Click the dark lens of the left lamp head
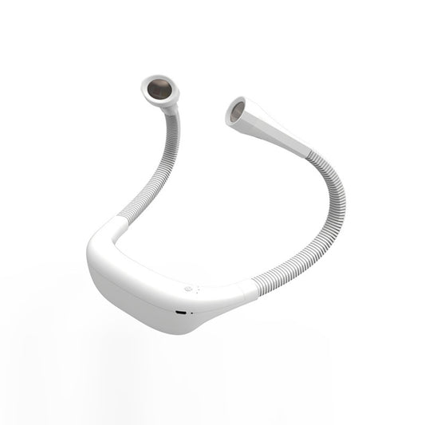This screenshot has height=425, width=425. (x=160, y=89)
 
